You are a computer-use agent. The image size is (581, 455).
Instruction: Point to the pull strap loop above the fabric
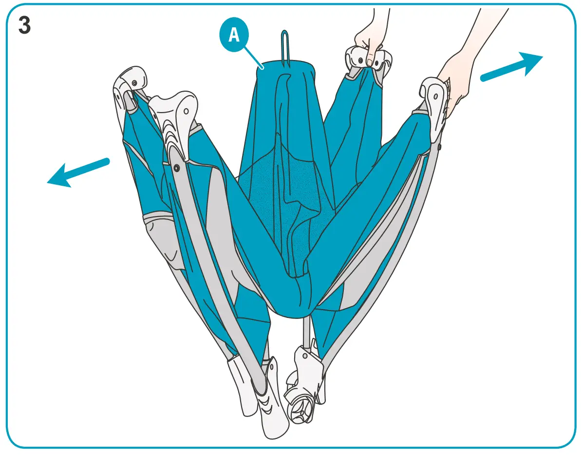tap(284, 46)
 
